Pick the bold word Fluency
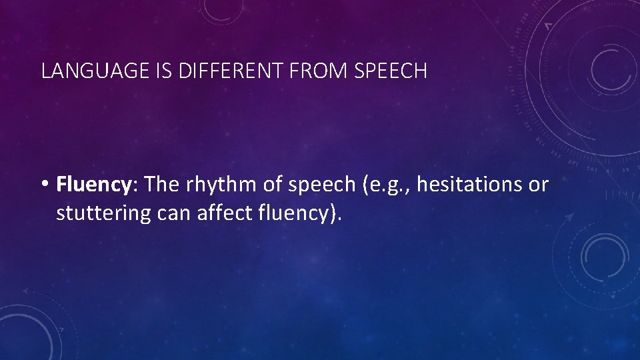pos(93,185)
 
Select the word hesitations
pos(469,185)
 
